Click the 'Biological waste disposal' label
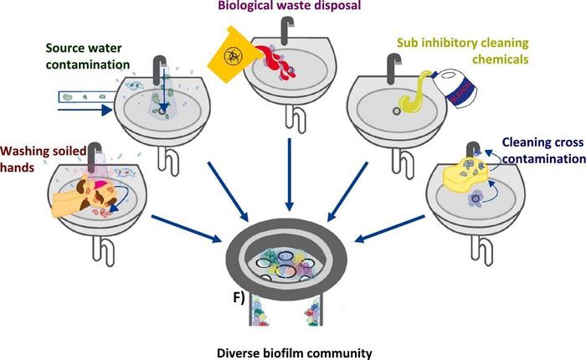tap(265, 7)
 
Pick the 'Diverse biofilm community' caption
tap(292, 342)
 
